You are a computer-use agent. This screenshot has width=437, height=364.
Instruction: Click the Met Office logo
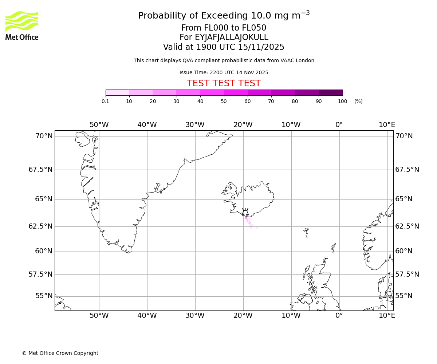tap(22, 25)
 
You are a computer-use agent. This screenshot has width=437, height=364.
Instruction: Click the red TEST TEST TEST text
tap(224, 84)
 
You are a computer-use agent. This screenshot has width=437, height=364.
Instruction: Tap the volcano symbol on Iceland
tap(245, 212)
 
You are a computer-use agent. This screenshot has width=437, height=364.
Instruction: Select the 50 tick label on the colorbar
tap(224, 101)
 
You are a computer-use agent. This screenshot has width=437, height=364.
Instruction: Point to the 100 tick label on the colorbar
tap(342, 101)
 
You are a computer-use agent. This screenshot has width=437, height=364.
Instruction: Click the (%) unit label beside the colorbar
tap(358, 101)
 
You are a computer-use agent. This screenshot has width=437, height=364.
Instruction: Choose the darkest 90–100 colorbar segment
tap(331, 92)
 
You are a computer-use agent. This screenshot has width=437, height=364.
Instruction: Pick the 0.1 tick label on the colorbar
tap(106, 101)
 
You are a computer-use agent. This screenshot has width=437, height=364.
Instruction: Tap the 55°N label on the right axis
tap(404, 296)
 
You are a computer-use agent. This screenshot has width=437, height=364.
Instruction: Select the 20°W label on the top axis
tap(243, 125)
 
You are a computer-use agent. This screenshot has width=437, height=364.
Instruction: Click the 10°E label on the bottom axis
tap(387, 315)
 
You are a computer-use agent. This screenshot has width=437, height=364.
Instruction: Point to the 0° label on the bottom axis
tap(339, 315)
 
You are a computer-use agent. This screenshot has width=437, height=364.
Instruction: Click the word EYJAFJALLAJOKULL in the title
tap(232, 37)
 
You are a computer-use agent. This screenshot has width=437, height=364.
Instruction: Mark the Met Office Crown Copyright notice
tap(60, 353)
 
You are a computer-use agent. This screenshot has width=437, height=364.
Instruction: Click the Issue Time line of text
tap(224, 72)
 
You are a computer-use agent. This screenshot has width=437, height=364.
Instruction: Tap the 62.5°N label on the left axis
tap(40, 226)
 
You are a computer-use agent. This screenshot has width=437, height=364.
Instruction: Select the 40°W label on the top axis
tap(147, 125)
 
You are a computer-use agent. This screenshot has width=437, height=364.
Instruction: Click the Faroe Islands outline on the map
tap(306, 232)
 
